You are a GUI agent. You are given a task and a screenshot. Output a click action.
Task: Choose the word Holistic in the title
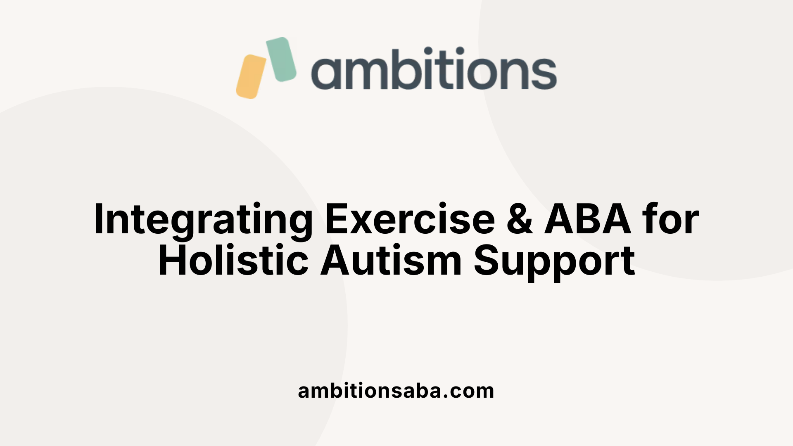233,261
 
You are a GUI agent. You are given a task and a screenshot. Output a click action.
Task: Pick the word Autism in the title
391,261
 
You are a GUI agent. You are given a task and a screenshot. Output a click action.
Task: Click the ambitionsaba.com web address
396,391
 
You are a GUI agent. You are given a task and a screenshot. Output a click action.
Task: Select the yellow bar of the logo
251,77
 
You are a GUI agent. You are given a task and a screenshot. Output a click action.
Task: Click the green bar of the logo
281,59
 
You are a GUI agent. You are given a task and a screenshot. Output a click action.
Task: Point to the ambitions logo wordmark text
434,69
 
